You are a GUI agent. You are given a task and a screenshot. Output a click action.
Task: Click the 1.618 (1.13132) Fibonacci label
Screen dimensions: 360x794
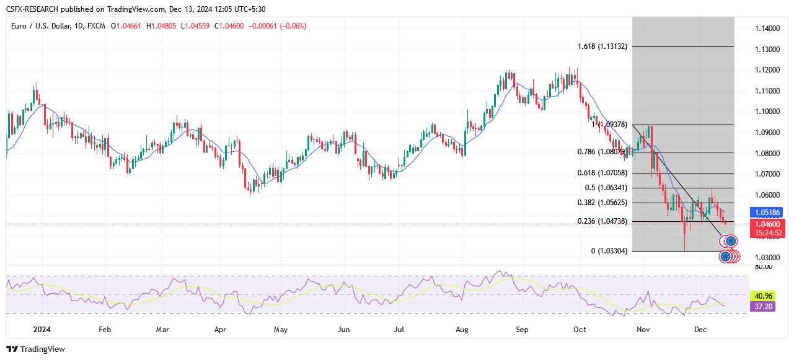point(603,46)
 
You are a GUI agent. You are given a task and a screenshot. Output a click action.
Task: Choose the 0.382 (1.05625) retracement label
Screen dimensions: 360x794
point(601,203)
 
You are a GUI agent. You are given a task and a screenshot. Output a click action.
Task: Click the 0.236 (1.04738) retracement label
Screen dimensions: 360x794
point(601,221)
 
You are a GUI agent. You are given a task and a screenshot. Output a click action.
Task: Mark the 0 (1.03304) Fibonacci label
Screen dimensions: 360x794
point(609,251)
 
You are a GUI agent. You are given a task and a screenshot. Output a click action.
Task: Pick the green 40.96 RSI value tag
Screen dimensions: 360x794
point(760,296)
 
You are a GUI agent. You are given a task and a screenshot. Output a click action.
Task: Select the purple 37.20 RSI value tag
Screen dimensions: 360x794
point(760,306)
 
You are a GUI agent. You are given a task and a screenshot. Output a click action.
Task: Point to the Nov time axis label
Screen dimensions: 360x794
point(643,330)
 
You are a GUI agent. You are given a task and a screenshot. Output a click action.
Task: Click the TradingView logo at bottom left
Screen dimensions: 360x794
point(36,349)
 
